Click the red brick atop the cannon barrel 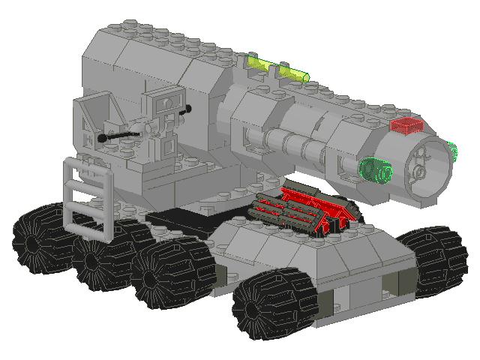tap(406, 125)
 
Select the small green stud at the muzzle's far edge tap(451, 150)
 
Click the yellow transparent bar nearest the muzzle tap(294, 73)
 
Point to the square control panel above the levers tap(165, 102)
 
